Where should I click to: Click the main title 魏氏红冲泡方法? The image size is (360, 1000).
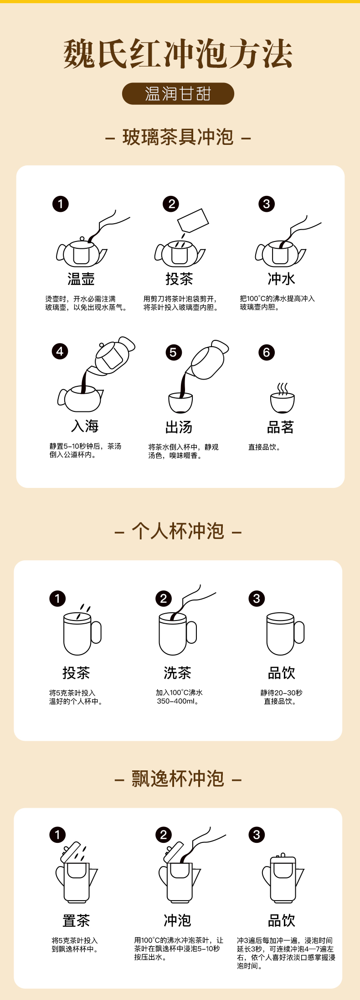coord(178,54)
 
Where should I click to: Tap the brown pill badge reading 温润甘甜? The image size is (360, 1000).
coord(178,94)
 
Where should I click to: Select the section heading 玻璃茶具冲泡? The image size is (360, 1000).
coord(178,137)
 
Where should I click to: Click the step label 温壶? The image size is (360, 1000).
coord(81,279)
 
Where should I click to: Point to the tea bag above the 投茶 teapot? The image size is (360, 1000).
coord(193,221)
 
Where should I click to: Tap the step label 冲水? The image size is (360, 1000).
coord(281,279)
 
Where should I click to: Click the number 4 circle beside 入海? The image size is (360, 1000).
coord(60,351)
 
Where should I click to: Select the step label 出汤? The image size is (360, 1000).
coord(179,427)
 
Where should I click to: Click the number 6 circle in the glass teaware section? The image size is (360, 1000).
coord(267,352)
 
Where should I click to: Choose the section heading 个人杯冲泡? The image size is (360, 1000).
coord(178,531)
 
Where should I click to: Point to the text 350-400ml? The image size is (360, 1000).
coord(177,701)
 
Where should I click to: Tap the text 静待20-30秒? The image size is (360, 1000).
coord(281,692)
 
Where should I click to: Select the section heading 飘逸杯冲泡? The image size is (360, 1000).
coord(178,779)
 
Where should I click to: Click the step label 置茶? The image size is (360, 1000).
coord(76,920)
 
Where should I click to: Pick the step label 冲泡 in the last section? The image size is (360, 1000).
coord(177,920)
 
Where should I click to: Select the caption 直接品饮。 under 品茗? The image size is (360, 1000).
coord(264,447)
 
